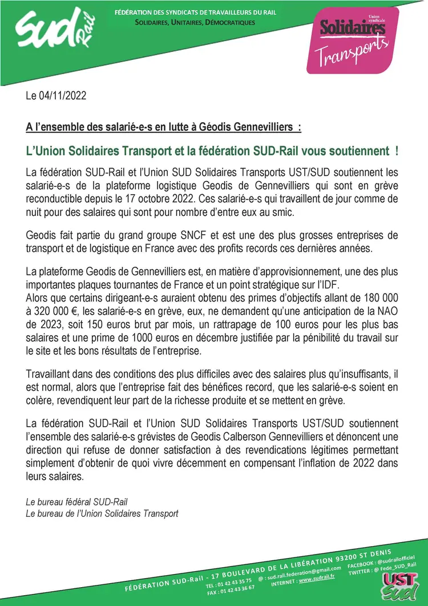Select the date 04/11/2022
tap(63, 96)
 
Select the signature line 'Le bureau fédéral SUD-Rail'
tap(76, 501)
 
